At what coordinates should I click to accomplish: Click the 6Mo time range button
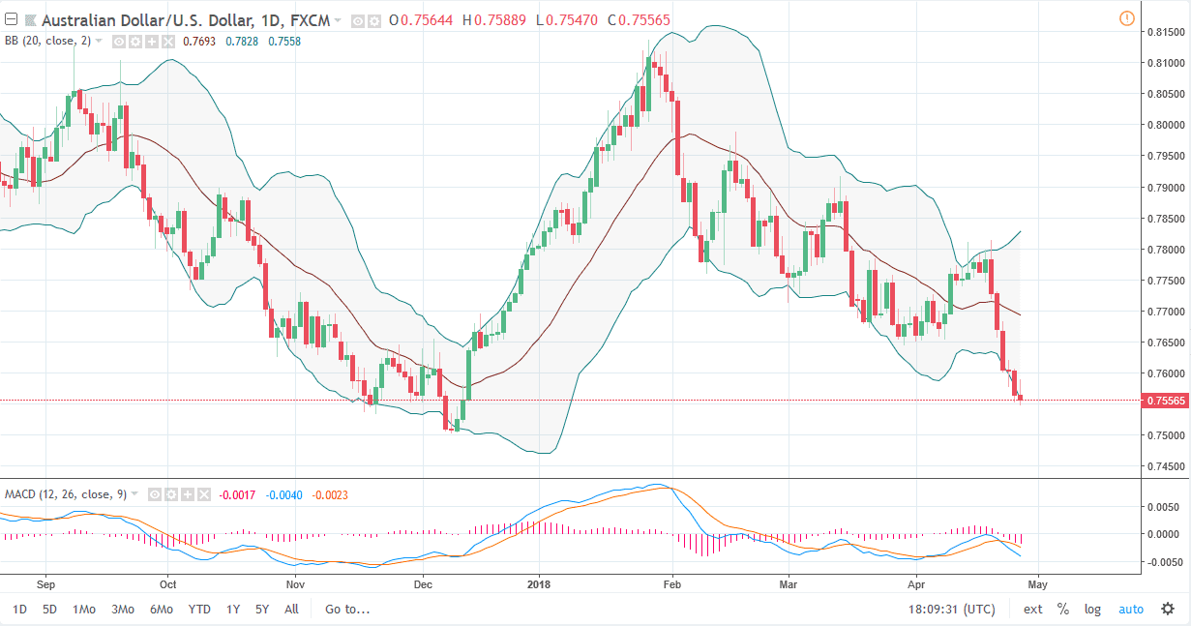[x=161, y=610]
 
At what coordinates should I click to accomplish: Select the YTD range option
[x=199, y=610]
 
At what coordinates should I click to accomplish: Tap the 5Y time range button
[x=262, y=610]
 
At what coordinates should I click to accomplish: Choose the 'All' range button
[x=291, y=610]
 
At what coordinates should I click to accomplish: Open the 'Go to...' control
[x=347, y=610]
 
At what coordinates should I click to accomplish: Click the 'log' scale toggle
[x=1092, y=610]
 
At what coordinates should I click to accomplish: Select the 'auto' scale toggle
[x=1131, y=610]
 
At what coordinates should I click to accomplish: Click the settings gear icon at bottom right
[x=1168, y=610]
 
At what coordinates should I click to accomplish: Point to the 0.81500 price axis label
[x=1166, y=32]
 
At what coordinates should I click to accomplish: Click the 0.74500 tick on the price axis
[x=1166, y=466]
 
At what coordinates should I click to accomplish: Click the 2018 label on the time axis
[x=538, y=584]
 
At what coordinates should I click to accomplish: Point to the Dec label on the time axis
[x=423, y=584]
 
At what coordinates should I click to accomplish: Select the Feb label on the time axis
[x=672, y=584]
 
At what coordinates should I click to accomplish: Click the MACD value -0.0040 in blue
[x=284, y=495]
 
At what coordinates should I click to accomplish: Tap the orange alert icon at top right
[x=1126, y=18]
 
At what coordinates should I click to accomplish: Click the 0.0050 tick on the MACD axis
[x=1162, y=507]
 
